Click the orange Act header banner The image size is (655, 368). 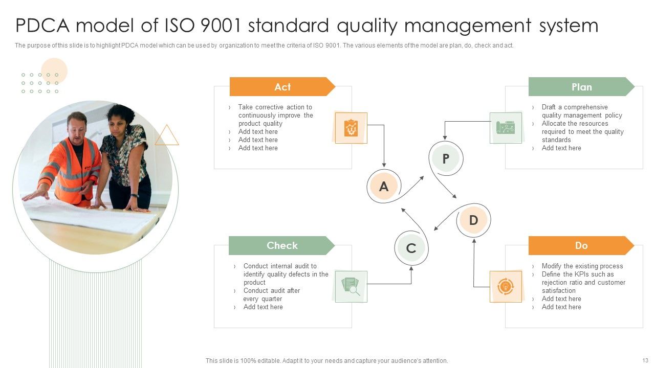(x=282, y=87)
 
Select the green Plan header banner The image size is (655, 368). (x=581, y=87)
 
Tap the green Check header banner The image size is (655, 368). (x=281, y=245)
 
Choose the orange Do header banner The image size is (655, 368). (x=581, y=245)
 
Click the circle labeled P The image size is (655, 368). (x=446, y=158)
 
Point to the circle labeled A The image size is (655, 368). (x=383, y=187)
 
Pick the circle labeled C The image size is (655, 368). (x=411, y=248)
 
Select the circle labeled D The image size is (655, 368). (x=473, y=220)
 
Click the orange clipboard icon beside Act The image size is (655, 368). (x=351, y=128)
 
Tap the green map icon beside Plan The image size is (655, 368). (x=506, y=128)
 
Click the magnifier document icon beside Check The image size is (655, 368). (x=351, y=286)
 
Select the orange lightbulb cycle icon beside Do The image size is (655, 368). (x=506, y=287)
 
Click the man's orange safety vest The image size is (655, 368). (x=72, y=169)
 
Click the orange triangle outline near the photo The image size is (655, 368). (x=167, y=136)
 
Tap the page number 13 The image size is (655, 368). (x=645, y=360)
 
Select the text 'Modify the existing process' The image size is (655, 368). (x=582, y=266)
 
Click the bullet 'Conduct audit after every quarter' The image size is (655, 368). (x=271, y=294)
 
